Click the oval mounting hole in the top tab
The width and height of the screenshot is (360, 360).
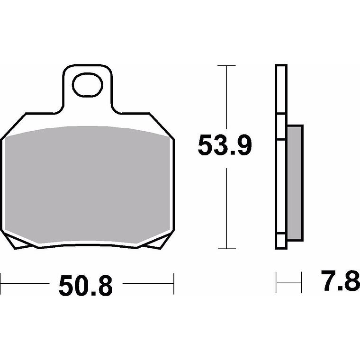[88, 86]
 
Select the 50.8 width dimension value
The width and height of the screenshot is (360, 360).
[86, 286]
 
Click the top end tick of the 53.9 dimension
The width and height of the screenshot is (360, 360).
[227, 65]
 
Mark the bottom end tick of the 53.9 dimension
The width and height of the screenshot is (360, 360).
[227, 249]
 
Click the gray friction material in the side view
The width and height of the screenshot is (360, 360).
[294, 182]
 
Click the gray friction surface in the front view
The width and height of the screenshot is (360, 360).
[88, 185]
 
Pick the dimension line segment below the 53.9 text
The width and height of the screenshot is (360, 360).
[227, 208]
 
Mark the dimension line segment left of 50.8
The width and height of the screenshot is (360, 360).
[26, 283]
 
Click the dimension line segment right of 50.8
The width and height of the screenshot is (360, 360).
[148, 283]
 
